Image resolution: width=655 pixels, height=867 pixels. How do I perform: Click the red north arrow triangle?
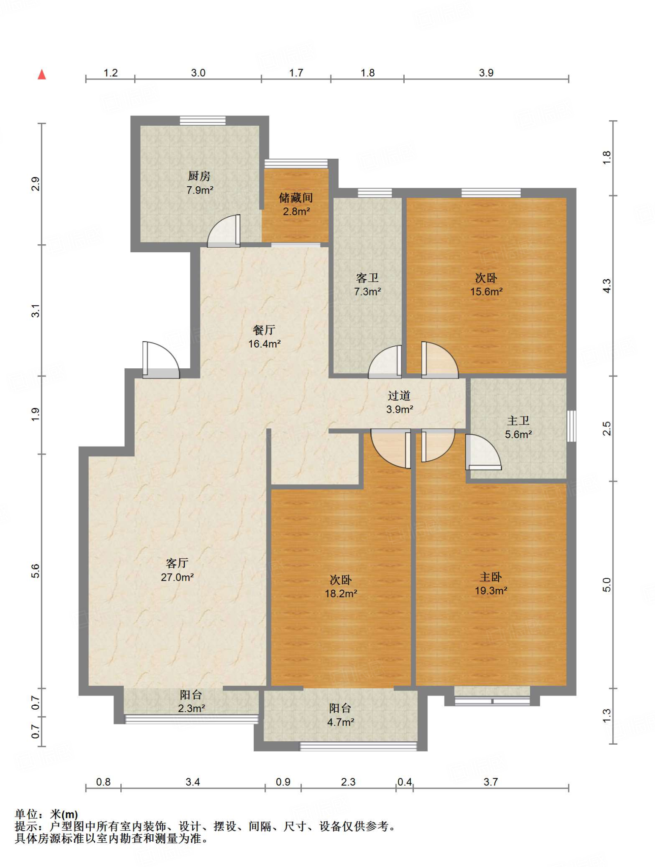pos(42,75)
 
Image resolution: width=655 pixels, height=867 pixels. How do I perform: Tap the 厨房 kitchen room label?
pos(199,176)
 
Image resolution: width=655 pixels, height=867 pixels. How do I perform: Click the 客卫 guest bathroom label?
pos(367,278)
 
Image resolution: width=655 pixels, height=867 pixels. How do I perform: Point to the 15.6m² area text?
pos(486,291)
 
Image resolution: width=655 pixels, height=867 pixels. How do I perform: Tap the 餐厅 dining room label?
pos(264,330)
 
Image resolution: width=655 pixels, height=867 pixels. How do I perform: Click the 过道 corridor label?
pos(399,395)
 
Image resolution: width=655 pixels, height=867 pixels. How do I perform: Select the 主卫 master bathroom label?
pos(518,420)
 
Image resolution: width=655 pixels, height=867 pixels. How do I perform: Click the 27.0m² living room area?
pos(178,577)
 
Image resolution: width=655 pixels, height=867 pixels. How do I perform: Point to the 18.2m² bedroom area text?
pos(341,594)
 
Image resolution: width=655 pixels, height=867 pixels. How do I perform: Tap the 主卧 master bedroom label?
pos(491,577)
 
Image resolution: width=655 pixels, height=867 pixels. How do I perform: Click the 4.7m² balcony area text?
pos(341,722)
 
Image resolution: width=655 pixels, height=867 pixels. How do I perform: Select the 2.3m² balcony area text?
pos(192,708)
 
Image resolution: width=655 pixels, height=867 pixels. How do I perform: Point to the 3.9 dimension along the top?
pos(486,73)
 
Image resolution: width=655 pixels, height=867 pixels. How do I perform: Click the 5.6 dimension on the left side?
pos(36,571)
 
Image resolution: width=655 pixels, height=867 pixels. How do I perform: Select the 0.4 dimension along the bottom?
pos(405,781)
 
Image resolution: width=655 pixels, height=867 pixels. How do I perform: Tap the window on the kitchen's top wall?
pos(203,121)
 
